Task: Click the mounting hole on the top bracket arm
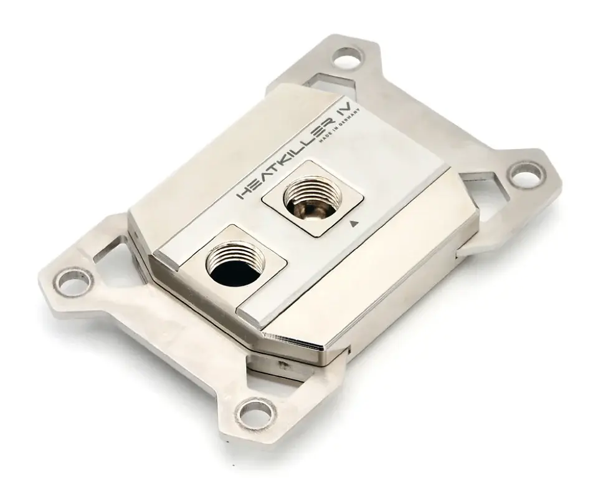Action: (347, 58)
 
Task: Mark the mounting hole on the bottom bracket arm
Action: (259, 411)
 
